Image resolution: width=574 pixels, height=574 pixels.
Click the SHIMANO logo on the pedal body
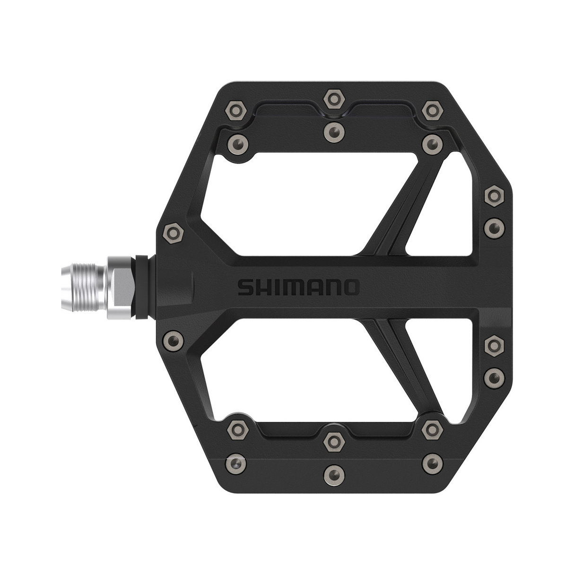[298, 287]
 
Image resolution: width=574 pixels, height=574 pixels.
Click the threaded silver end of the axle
[84, 287]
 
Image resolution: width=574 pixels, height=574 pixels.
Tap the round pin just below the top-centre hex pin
[334, 129]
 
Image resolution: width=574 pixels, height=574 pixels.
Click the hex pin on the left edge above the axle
[170, 232]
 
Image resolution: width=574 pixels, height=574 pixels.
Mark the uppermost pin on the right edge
[494, 194]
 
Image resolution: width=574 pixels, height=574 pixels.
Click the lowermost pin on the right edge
[494, 377]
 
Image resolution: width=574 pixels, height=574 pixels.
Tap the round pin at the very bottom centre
[334, 473]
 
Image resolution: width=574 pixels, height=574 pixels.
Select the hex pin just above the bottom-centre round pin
[334, 441]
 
